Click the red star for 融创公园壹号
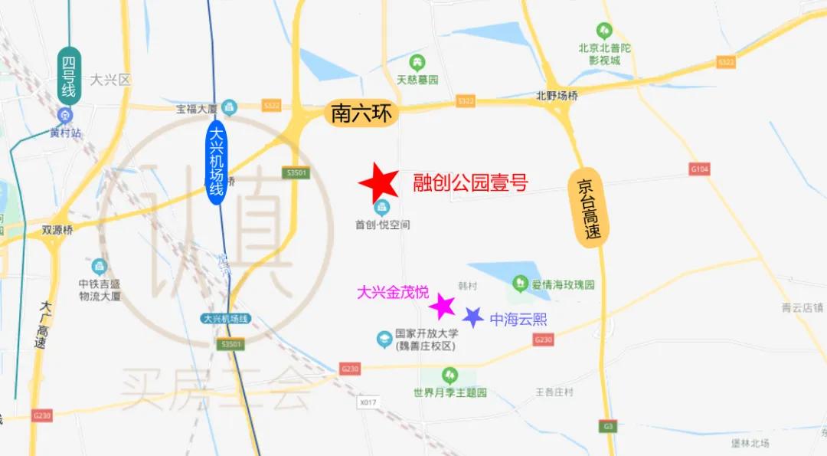point(379,183)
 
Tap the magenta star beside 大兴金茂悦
point(442,306)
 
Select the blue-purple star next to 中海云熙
point(473,317)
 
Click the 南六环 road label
point(361,113)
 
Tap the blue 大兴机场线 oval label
point(217,162)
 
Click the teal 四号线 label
point(69,76)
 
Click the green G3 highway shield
point(609,426)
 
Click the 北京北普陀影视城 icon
point(604,31)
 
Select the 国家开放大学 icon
point(384,338)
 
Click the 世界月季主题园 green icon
point(449,376)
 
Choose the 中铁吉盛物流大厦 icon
point(100,267)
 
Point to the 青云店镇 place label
point(802,308)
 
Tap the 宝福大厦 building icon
point(230,108)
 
